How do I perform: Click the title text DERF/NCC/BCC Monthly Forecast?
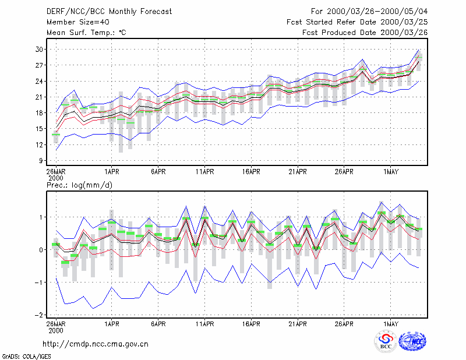tap(109, 12)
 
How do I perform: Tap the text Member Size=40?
tap(78, 22)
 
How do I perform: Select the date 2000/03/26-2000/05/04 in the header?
tap(377, 12)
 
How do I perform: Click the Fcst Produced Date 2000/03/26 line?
tap(365, 33)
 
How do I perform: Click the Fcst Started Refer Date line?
tap(357, 22)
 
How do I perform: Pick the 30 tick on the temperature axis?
tap(39, 50)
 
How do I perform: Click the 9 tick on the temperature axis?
tap(41, 161)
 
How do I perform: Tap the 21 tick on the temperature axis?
tap(39, 97)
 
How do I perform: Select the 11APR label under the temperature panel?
tap(205, 172)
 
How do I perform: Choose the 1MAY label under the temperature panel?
tap(390, 172)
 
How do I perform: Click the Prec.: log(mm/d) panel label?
tap(79, 185)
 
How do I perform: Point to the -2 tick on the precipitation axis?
tap(38, 315)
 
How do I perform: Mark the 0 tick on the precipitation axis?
tap(41, 250)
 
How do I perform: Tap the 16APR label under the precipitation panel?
tap(251, 324)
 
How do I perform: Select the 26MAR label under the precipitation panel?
tap(56, 324)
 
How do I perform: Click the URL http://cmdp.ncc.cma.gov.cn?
tap(96, 344)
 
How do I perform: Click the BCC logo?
tap(386, 341)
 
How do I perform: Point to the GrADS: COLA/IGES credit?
tap(26, 357)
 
